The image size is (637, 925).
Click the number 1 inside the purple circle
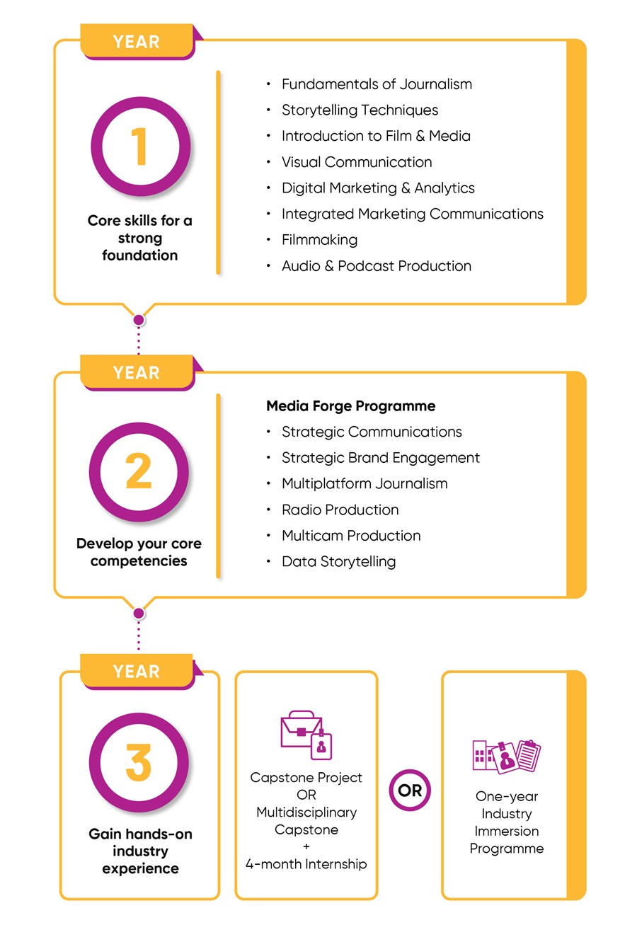point(139,146)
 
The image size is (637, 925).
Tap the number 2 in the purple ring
point(139,472)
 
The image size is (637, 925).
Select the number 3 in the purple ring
point(139,762)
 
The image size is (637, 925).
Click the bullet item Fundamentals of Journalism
point(376,84)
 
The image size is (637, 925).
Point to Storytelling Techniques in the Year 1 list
point(360,110)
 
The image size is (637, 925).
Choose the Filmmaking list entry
point(319,240)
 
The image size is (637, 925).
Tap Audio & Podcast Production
point(376,266)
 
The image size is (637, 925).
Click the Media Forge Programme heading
point(350,406)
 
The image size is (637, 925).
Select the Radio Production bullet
point(340,510)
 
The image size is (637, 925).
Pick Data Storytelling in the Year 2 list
point(338,562)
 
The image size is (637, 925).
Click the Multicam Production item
point(351,536)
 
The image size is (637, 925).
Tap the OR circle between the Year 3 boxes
point(410,791)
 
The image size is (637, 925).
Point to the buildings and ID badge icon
point(506,755)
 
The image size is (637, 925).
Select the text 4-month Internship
point(306,864)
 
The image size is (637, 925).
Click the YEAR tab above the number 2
point(137,372)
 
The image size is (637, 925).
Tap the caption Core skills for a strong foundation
point(139,238)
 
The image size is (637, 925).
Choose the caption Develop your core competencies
point(139,552)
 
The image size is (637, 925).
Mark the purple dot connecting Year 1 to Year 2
point(139,320)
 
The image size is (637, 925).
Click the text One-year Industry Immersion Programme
point(506,822)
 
